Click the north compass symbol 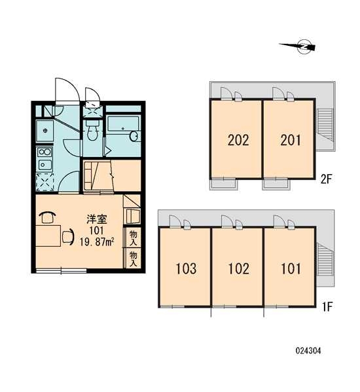pyautogui.click(x=298, y=46)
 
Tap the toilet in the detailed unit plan pyautogui.click(x=92, y=130)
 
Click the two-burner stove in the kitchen pyautogui.click(x=45, y=152)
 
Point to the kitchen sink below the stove pyautogui.click(x=45, y=165)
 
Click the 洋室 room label pyautogui.click(x=97, y=219)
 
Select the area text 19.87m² pyautogui.click(x=97, y=241)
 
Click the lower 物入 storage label pyautogui.click(x=133, y=258)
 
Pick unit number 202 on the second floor pyautogui.click(x=238, y=140)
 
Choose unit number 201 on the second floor pyautogui.click(x=291, y=140)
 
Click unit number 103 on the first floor pyautogui.click(x=186, y=269)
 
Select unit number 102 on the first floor pyautogui.click(x=239, y=269)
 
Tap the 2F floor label pyautogui.click(x=326, y=179)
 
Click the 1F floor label pyautogui.click(x=327, y=307)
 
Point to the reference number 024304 pyautogui.click(x=308, y=351)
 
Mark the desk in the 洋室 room pyautogui.click(x=48, y=236)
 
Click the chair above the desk pyautogui.click(x=47, y=217)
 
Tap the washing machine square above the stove pyautogui.click(x=45, y=131)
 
